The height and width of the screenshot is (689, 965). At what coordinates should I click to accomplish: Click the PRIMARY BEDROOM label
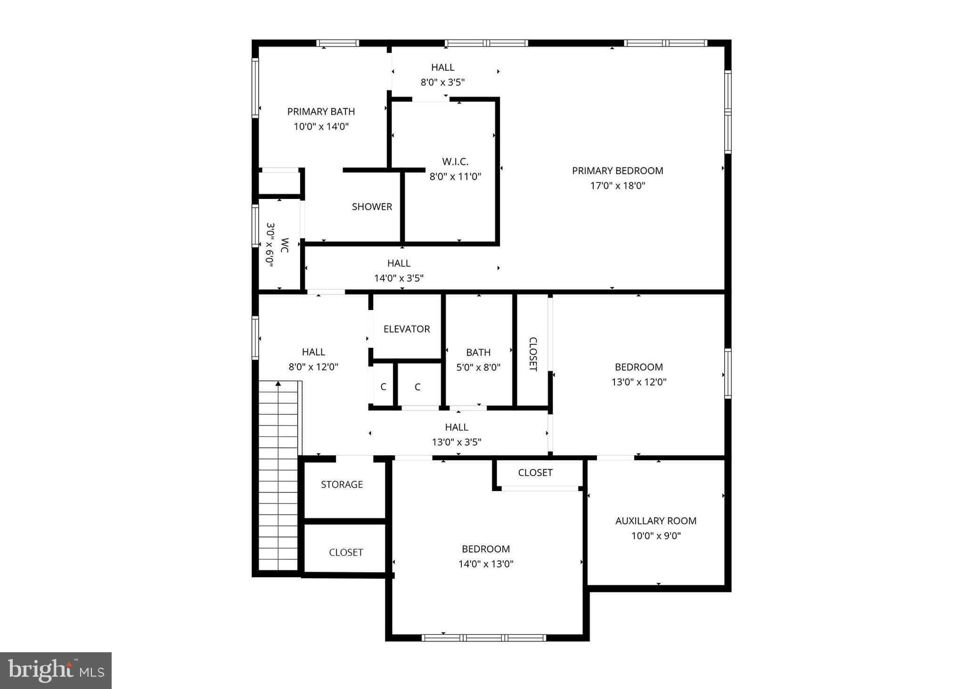pos(617,171)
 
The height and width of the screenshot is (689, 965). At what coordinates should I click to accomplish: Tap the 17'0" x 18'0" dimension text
pos(617,186)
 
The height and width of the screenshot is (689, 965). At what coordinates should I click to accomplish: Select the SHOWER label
pos(372,207)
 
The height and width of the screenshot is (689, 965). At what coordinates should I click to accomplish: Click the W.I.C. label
pos(455,162)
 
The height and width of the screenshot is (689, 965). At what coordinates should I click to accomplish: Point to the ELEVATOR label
pos(407,329)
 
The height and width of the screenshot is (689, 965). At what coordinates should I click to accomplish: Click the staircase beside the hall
pos(278,476)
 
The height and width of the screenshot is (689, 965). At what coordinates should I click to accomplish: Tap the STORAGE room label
pos(342,484)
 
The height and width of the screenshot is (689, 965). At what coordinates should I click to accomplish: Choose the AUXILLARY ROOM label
pos(655,521)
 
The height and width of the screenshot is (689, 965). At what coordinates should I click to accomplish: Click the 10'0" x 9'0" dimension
pos(655,536)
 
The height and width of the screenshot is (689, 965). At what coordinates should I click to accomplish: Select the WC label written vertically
pos(285,245)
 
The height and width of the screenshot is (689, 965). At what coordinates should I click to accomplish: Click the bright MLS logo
pos(56,670)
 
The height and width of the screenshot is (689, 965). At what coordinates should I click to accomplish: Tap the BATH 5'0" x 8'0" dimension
pos(478,368)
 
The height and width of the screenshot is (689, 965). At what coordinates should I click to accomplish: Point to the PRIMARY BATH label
pos(321,112)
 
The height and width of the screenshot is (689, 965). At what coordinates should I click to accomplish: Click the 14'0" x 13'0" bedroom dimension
pos(485,564)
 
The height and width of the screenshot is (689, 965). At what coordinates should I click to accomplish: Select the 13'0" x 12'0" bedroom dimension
pos(638,382)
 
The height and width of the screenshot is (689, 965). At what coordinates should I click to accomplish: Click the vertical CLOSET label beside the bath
pos(533,354)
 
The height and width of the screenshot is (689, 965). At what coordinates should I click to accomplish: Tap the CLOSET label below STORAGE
pos(346,552)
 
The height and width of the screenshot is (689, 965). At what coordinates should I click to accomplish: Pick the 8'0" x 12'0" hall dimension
pos(313,367)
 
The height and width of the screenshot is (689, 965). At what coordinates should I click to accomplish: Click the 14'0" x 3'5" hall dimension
pos(399,279)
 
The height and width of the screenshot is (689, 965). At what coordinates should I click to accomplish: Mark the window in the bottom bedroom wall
pos(484,638)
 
